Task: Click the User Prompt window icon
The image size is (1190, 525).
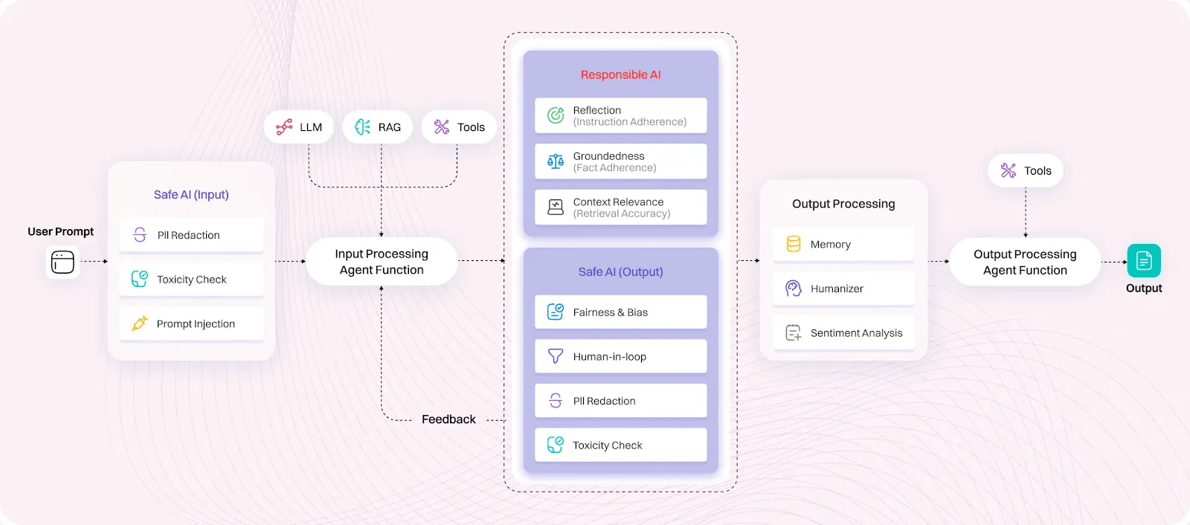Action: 62,262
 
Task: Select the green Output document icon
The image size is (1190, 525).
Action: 1144,261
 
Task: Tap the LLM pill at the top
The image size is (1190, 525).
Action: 299,127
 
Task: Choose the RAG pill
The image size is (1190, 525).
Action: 378,127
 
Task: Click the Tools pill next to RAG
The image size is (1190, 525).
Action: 459,127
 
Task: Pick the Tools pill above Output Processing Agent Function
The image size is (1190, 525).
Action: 1026,170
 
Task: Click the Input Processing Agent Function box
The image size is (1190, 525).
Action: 382,262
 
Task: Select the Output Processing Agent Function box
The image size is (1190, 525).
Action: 1025,262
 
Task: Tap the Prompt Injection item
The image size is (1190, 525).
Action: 191,323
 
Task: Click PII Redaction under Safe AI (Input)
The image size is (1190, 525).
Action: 191,235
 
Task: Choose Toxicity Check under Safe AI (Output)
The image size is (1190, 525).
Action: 620,445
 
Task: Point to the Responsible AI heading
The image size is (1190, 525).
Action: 620,75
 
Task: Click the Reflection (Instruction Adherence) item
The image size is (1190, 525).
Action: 620,115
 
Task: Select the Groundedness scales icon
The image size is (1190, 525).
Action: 556,161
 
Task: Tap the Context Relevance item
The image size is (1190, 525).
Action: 620,207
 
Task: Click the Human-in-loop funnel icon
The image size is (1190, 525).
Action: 556,356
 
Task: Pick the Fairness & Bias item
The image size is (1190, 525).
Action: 620,312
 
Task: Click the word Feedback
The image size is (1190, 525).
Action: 448,419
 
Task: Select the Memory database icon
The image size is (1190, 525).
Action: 793,244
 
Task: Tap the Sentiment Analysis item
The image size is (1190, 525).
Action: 843,332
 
